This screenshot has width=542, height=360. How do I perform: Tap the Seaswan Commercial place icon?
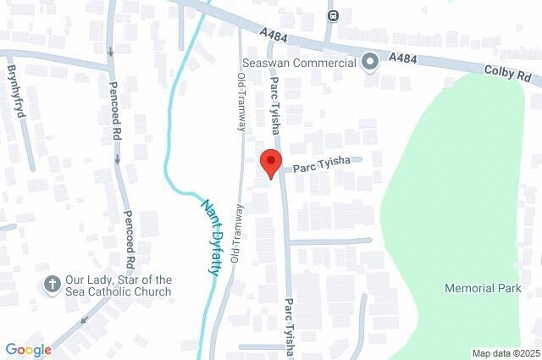(369, 63)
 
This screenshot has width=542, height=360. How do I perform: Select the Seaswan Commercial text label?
(299, 64)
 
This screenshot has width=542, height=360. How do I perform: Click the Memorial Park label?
(483, 289)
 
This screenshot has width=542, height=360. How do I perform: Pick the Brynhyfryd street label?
(15, 94)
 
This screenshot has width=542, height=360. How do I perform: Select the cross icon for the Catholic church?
(51, 285)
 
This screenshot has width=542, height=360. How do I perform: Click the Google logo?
(28, 349)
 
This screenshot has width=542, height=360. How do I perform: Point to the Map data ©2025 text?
(506, 353)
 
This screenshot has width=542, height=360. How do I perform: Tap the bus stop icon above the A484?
(334, 15)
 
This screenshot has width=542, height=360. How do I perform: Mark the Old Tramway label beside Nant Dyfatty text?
(237, 233)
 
